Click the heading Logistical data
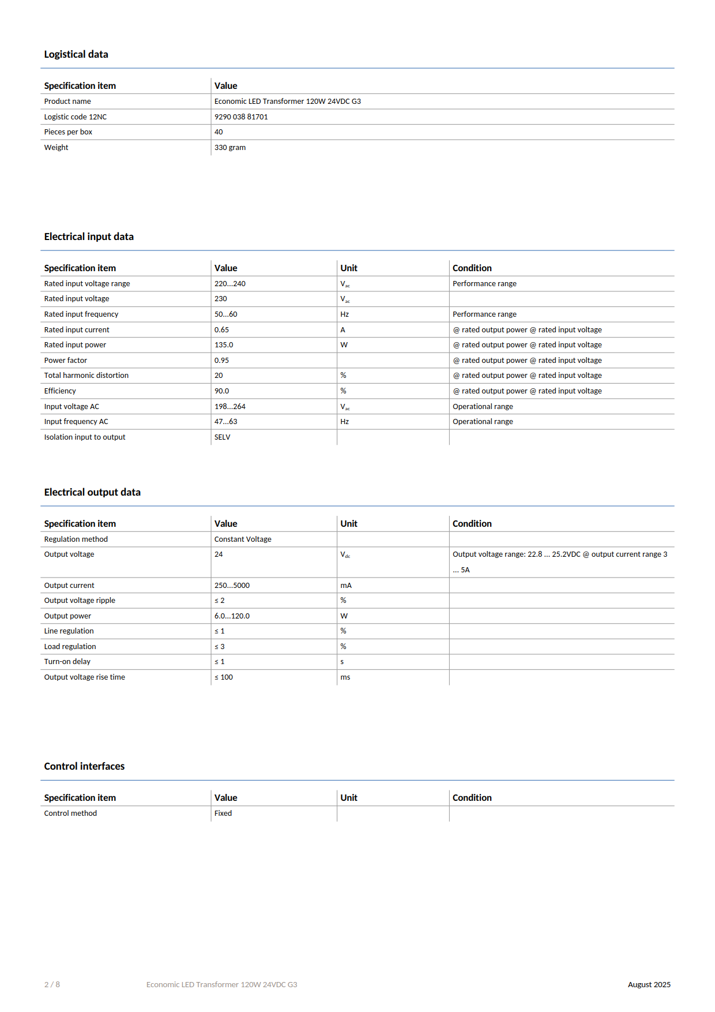[x=76, y=54]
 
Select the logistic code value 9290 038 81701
[x=241, y=117]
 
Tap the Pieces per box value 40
[x=219, y=132]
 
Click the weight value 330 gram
[x=230, y=148]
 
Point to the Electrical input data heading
[x=89, y=237]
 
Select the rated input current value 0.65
[x=221, y=330]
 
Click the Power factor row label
[x=66, y=361]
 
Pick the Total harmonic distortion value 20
[x=219, y=376]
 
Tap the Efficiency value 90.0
[x=221, y=391]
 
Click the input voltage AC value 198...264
[x=230, y=407]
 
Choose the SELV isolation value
[x=222, y=437]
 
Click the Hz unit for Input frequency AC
[x=344, y=422]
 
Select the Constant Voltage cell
[x=243, y=539]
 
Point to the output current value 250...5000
[x=232, y=586]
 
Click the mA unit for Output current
[x=346, y=586]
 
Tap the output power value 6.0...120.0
[x=232, y=616]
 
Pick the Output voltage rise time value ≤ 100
[x=224, y=677]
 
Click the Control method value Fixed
[x=223, y=814]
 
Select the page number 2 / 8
[x=52, y=985]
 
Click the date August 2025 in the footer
[x=649, y=985]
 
